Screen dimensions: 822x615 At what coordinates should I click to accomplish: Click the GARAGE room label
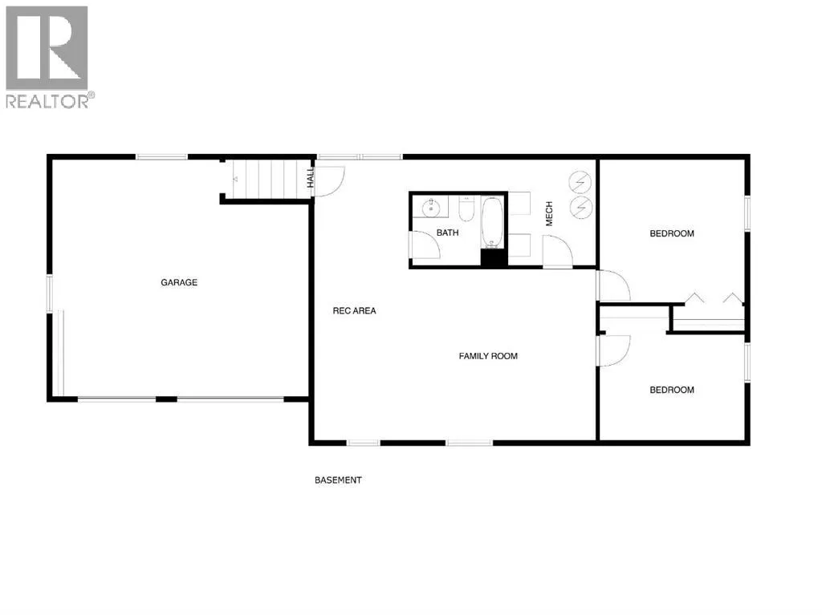click(x=179, y=282)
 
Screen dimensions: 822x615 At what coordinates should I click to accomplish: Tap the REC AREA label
click(x=354, y=310)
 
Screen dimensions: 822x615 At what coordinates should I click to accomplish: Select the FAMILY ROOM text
click(x=488, y=356)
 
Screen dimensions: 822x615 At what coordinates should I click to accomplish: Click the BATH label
click(x=448, y=233)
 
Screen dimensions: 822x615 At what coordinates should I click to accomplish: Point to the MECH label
click(x=549, y=214)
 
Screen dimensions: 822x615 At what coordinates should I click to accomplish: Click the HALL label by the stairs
click(x=311, y=177)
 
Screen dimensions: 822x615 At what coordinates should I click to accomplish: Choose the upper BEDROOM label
click(x=672, y=233)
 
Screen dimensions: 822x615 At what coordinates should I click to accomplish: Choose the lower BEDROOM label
click(x=672, y=390)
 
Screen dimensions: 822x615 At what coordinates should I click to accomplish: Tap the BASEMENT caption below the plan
click(x=338, y=479)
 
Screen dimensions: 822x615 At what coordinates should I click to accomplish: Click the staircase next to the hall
click(x=267, y=179)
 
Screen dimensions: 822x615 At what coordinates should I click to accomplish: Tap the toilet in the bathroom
click(x=466, y=208)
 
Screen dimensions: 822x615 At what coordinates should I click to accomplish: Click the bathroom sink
click(x=431, y=208)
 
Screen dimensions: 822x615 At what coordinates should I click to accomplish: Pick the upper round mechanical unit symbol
click(x=580, y=182)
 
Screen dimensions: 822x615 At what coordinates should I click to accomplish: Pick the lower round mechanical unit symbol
click(x=580, y=208)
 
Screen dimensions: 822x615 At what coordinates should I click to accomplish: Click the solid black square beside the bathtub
click(x=494, y=258)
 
